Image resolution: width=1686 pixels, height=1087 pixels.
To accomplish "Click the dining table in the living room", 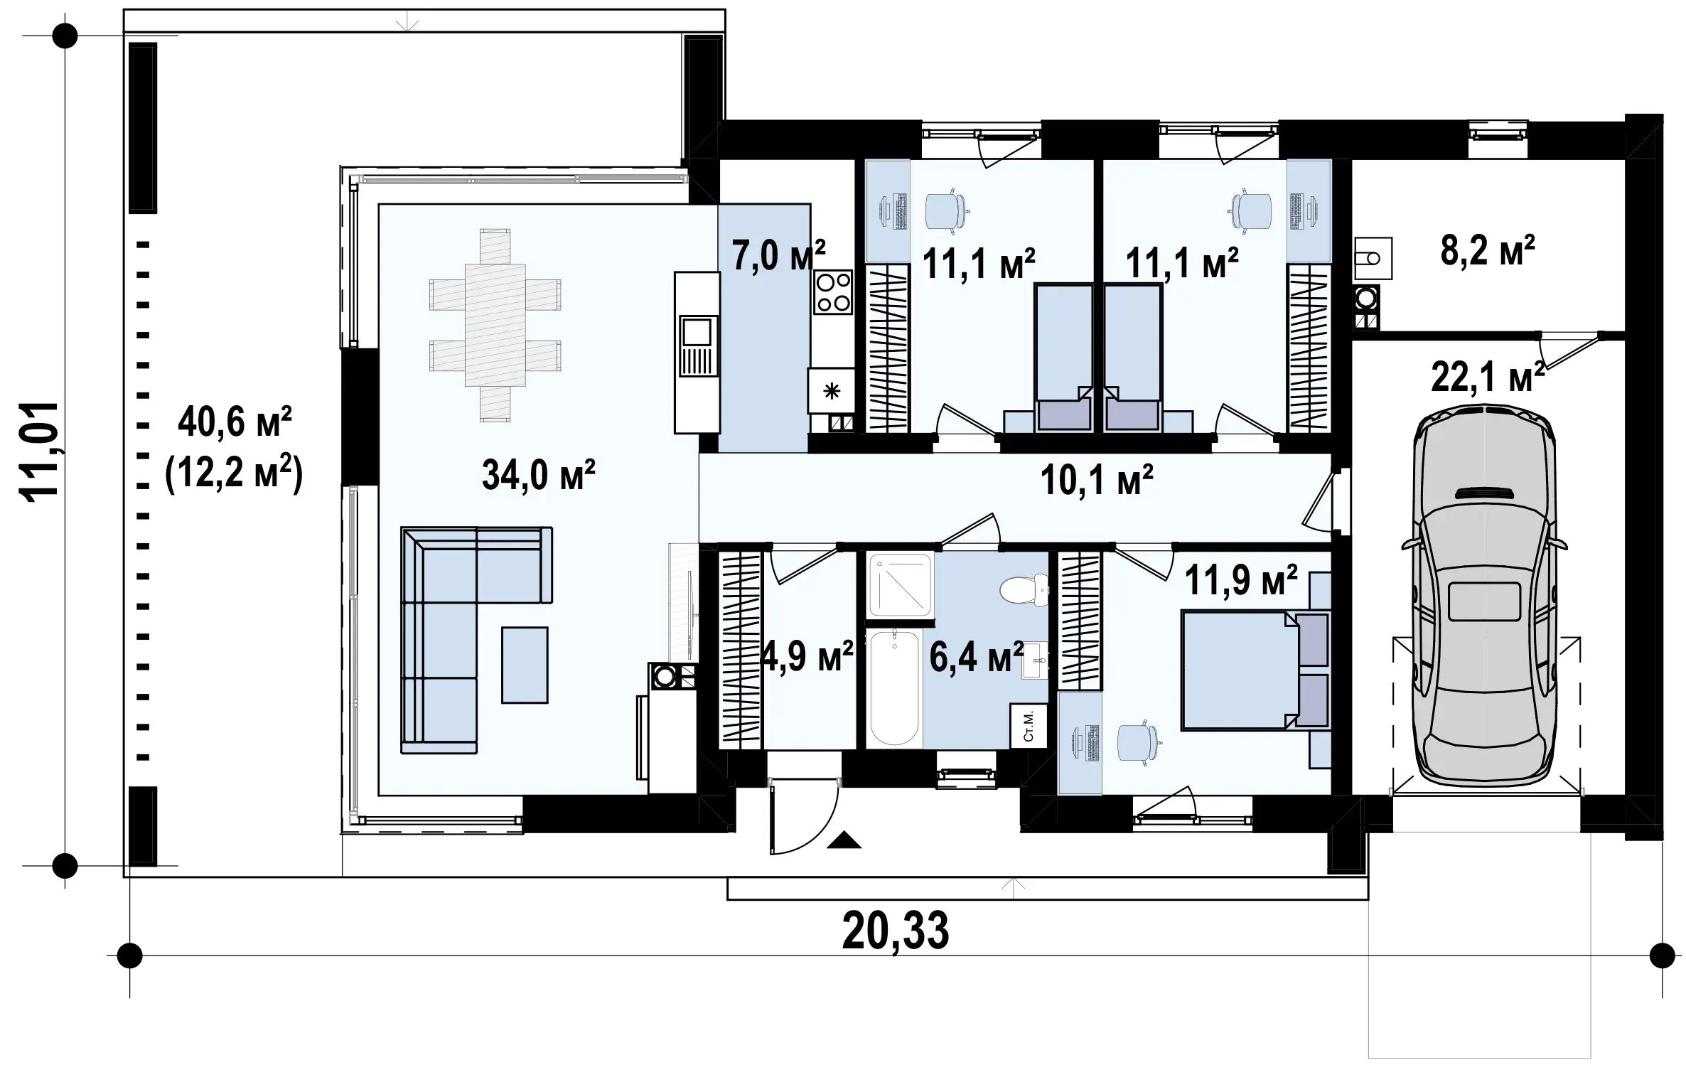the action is point(495,325).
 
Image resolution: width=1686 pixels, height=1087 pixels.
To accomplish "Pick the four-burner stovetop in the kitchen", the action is point(833,292).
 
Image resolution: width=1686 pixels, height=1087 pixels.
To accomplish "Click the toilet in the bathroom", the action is point(1024,590).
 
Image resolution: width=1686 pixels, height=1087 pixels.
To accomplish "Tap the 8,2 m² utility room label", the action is point(1487,251).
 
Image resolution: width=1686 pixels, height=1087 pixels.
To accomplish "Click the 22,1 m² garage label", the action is point(1488,377).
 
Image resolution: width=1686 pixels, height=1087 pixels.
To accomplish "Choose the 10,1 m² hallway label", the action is point(1097,480).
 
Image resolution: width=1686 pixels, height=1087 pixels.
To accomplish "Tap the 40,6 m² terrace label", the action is point(235,423).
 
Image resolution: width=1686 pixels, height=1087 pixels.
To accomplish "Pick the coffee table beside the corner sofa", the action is point(525,665).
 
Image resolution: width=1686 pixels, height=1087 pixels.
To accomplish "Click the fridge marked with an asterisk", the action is point(831,390).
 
